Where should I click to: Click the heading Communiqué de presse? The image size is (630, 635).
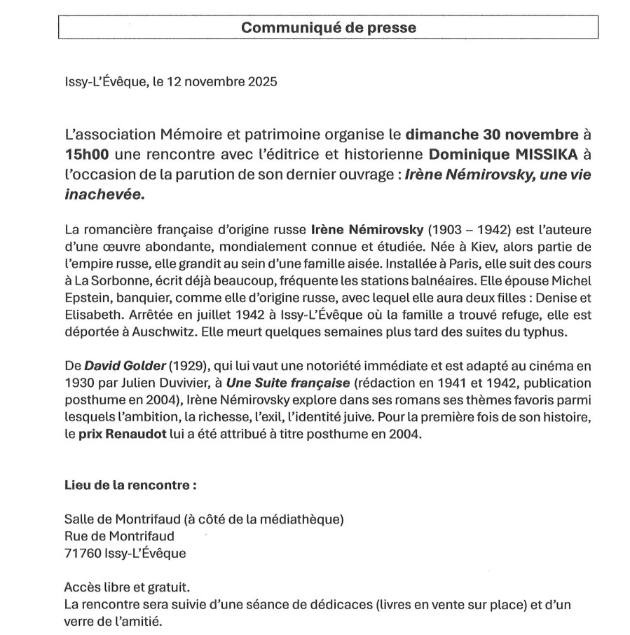tap(329, 27)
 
